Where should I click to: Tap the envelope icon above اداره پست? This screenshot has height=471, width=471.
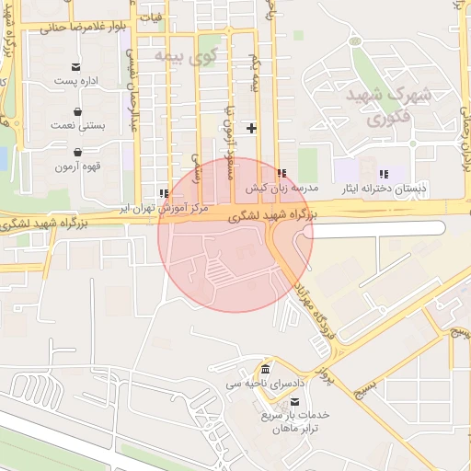pos(76,66)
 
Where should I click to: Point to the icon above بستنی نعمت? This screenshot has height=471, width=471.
pos(77,109)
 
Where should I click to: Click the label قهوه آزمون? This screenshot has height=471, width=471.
pos(77,167)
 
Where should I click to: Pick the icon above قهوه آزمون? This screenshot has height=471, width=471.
pos(77,153)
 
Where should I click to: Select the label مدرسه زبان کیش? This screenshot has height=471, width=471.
pos(281,187)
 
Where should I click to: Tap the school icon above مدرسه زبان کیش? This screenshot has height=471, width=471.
pos(281,172)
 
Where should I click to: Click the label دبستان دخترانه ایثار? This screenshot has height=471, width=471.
pos(384,188)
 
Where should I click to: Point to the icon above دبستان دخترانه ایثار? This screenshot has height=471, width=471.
pos(384,173)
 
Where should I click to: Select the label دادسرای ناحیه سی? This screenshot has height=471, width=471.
pos(265,383)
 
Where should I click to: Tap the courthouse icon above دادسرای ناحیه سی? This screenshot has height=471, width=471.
pos(265,369)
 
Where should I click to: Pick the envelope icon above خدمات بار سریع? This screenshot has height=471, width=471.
pos(293,401)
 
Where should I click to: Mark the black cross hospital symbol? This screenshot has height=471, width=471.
pos(250,127)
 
